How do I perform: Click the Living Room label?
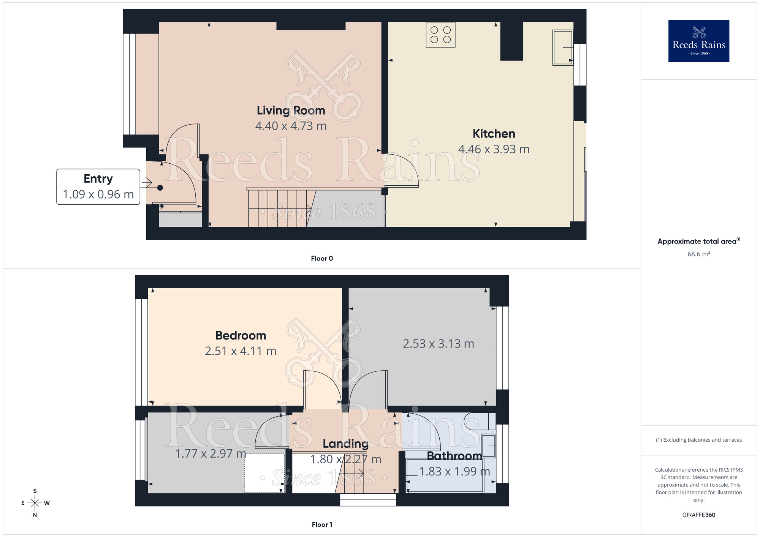pyautogui.click(x=291, y=111)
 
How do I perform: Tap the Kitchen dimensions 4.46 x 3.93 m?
pyautogui.click(x=494, y=149)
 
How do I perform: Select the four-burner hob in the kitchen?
pyautogui.click(x=440, y=35)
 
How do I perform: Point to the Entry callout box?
pyautogui.click(x=98, y=187)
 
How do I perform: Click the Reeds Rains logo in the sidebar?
pyautogui.click(x=698, y=41)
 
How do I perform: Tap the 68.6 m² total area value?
pyautogui.click(x=698, y=254)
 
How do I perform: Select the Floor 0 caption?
pyautogui.click(x=322, y=259)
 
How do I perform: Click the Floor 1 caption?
pyautogui.click(x=322, y=524)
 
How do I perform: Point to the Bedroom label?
pyautogui.click(x=241, y=336)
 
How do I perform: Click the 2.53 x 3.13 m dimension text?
pyautogui.click(x=438, y=344)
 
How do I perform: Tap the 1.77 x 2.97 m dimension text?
pyautogui.click(x=211, y=453)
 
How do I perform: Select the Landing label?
pyautogui.click(x=345, y=444)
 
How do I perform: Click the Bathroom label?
pyautogui.click(x=454, y=456)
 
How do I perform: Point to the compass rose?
pyautogui.click(x=35, y=503)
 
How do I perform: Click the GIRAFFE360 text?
pyautogui.click(x=698, y=515)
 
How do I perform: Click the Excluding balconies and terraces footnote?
pyautogui.click(x=698, y=440)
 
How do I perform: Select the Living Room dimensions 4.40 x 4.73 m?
pyautogui.click(x=291, y=126)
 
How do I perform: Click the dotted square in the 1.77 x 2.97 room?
pyautogui.click(x=264, y=473)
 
